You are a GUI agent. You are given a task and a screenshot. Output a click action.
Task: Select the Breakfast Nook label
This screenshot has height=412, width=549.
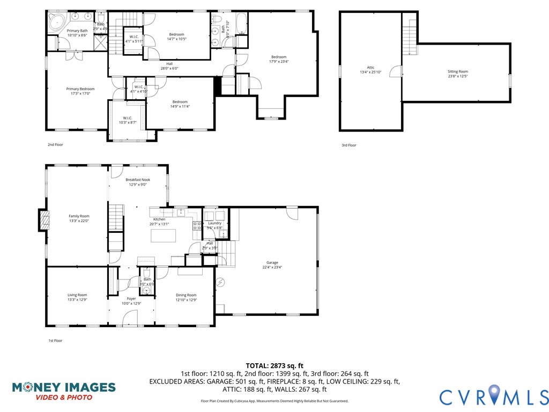click(x=138, y=180)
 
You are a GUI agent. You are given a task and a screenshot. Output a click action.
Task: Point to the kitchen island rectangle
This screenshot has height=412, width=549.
click(x=164, y=236)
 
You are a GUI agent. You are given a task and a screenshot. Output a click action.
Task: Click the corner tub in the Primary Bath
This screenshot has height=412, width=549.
click(x=55, y=23)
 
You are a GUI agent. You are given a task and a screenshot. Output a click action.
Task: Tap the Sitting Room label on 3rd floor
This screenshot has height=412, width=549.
click(x=458, y=71)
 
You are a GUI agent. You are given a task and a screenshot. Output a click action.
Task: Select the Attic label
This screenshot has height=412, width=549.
click(x=370, y=68)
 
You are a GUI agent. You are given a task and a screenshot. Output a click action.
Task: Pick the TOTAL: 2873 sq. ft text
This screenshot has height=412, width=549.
click(x=274, y=365)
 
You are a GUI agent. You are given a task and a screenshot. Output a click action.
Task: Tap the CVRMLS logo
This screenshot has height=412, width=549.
click(x=493, y=396)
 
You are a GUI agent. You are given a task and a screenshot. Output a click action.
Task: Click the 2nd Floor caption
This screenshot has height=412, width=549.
click(x=55, y=145)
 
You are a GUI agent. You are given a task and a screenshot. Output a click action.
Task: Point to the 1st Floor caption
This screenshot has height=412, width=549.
click(x=55, y=341)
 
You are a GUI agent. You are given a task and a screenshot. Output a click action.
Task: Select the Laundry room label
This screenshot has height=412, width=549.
click(x=214, y=223)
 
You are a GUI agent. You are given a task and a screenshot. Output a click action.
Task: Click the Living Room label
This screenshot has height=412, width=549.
click(x=77, y=295)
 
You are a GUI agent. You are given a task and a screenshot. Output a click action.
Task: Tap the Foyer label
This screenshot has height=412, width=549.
click(x=131, y=299)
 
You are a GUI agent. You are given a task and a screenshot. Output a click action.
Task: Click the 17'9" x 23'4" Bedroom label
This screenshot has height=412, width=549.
click(x=279, y=57)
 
